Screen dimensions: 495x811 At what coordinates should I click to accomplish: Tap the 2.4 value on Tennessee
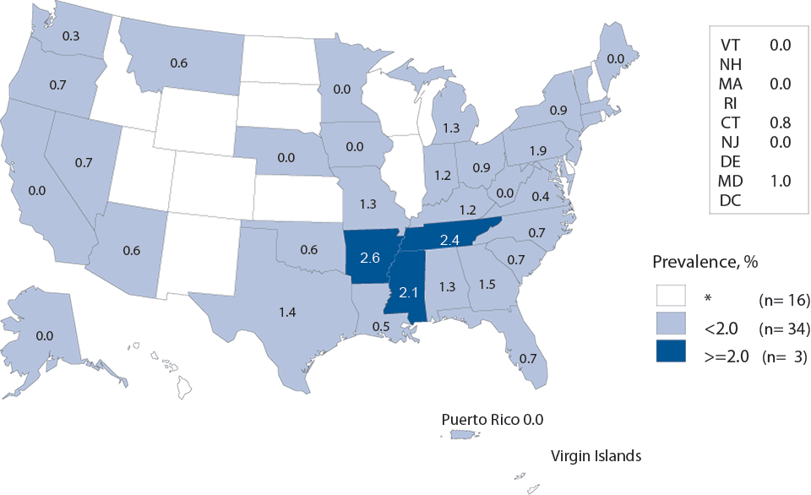pyautogui.click(x=448, y=241)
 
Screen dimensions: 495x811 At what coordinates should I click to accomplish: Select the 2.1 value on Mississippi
pyautogui.click(x=409, y=293)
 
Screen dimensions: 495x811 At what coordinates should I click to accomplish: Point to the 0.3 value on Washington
pyautogui.click(x=72, y=35)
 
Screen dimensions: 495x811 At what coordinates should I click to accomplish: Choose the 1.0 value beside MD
pyautogui.click(x=780, y=180)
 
